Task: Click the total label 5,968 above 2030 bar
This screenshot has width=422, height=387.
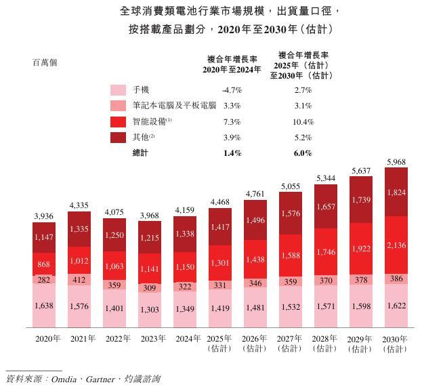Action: pos(397,161)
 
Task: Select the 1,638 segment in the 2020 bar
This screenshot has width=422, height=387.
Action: pos(44,306)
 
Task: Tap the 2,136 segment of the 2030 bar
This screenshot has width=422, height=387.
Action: pos(397,245)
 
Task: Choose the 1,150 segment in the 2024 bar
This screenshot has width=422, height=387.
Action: pos(185,268)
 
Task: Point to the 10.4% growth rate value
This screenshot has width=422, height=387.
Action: pos(303,122)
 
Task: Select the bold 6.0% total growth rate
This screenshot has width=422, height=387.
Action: pos(303,153)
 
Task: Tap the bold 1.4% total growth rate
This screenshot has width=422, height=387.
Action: pos(232,153)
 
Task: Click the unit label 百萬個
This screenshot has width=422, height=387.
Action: pos(45,62)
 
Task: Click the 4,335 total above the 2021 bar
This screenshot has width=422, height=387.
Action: pos(79,205)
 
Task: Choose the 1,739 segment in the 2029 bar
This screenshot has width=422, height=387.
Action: pos(362,200)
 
